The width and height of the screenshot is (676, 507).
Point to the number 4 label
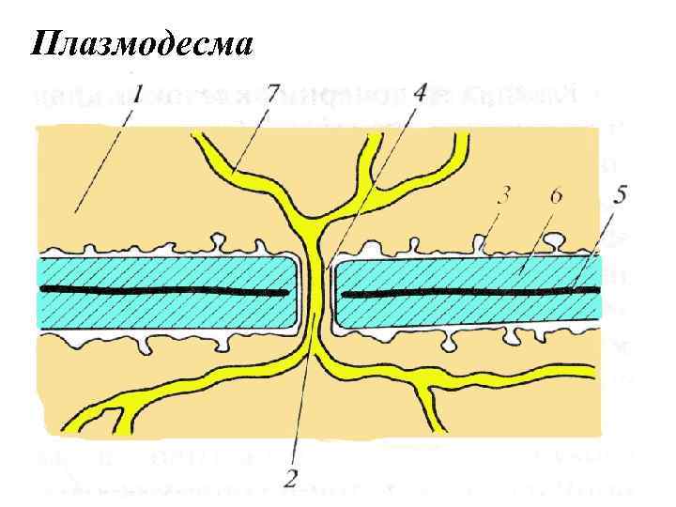(418, 94)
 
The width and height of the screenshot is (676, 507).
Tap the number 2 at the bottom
(291, 478)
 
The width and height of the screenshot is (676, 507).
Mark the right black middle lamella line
(469, 294)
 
